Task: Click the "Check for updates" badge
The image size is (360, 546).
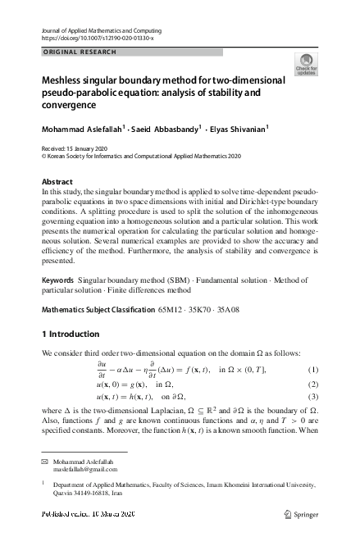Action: [x=306, y=65]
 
